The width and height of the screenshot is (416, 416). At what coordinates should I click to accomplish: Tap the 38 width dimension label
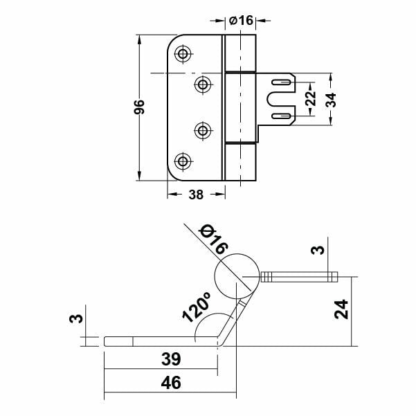click(195, 195)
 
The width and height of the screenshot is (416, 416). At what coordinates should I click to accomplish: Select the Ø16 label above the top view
click(242, 21)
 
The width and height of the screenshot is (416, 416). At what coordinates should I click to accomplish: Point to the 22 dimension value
click(310, 98)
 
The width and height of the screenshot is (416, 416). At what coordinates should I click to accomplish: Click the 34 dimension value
click(332, 98)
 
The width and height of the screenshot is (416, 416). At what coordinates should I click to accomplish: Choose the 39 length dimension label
click(171, 359)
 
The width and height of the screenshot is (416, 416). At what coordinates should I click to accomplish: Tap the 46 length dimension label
click(171, 383)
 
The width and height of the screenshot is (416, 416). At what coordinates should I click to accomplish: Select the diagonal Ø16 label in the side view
click(212, 239)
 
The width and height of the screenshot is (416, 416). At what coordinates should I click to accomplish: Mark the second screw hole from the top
click(204, 84)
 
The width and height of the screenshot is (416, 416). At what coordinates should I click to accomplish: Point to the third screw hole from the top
click(204, 129)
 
